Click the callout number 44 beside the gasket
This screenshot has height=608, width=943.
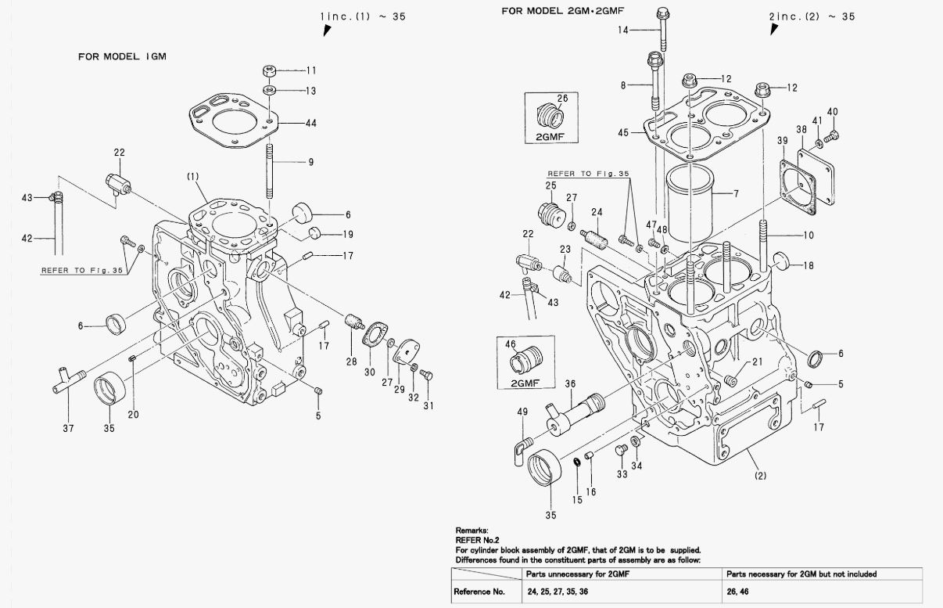pyautogui.click(x=310, y=124)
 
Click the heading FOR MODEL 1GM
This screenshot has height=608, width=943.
pyautogui.click(x=122, y=56)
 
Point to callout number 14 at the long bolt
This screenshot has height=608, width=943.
pyautogui.click(x=622, y=30)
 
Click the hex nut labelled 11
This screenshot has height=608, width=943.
pyautogui.click(x=270, y=71)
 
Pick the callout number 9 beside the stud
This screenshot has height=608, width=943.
pyautogui.click(x=310, y=163)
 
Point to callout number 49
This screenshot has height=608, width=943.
pyautogui.click(x=522, y=412)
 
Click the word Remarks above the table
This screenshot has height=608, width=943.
pyautogui.click(x=472, y=531)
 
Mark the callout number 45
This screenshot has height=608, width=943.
pyautogui.click(x=623, y=133)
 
